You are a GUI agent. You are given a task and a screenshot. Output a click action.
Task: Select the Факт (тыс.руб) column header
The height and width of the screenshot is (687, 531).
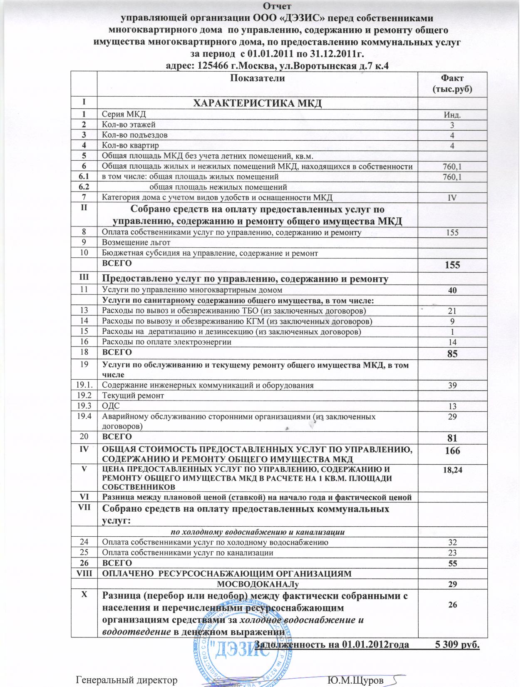(x=452, y=83)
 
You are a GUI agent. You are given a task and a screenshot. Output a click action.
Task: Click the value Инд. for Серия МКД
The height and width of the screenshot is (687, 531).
(x=452, y=114)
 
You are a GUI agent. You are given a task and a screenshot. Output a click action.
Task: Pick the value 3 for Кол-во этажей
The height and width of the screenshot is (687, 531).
(x=452, y=125)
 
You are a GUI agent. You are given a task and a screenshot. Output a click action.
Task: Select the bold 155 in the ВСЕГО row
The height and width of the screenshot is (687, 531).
(x=452, y=265)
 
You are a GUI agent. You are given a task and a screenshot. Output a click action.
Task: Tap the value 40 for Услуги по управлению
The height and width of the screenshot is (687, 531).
(x=452, y=290)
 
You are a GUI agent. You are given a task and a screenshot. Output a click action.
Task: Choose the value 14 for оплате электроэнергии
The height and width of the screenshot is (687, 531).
(x=452, y=342)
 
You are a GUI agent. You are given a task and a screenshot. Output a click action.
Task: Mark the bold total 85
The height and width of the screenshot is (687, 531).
(x=452, y=354)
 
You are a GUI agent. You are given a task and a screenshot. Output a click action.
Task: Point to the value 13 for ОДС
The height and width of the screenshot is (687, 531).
(x=452, y=406)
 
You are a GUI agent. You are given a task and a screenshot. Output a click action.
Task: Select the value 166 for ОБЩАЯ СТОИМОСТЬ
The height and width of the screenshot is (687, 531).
(x=452, y=451)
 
